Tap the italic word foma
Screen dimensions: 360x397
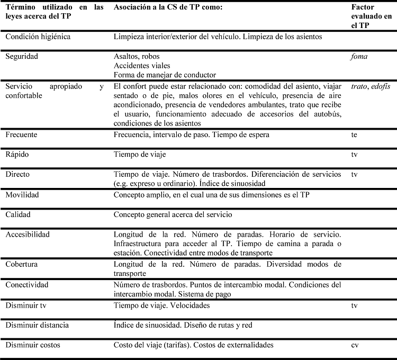pyautogui.click(x=359, y=56)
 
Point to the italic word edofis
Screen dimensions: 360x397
pyautogui.click(x=380, y=86)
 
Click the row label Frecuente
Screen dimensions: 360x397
pyautogui.click(x=22, y=135)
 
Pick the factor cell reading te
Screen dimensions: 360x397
pyautogui.click(x=354, y=135)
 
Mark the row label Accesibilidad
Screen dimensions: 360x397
pyautogui.click(x=28, y=234)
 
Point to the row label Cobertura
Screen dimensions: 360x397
pyautogui.click(x=22, y=264)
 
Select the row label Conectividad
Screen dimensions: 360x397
pyautogui.click(x=26, y=285)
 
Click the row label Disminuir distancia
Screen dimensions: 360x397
pyautogui.click(x=38, y=325)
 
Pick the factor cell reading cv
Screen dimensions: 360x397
pyautogui.click(x=355, y=345)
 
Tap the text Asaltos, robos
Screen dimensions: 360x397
pyautogui.click(x=137, y=56)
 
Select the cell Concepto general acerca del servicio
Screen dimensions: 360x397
pyautogui.click(x=173, y=214)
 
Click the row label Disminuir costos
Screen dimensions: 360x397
pyautogui.click(x=33, y=345)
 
